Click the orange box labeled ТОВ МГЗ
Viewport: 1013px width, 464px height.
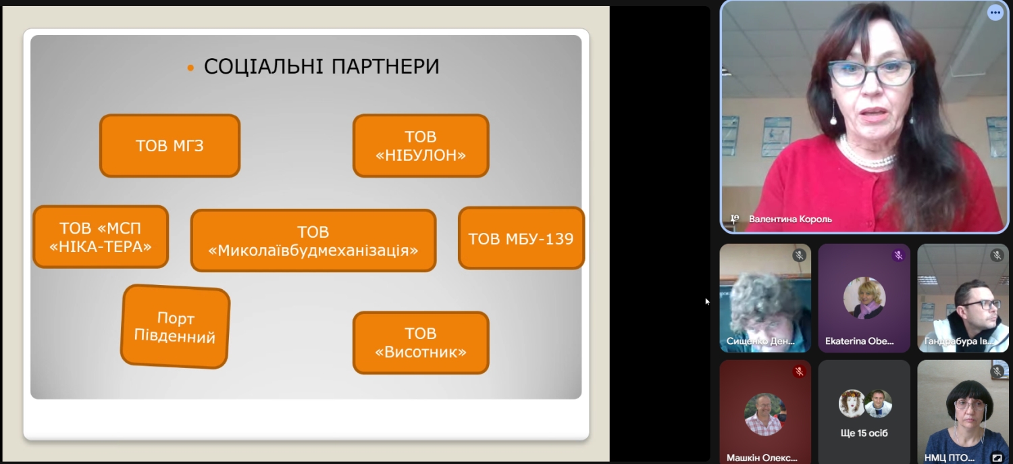[170, 146]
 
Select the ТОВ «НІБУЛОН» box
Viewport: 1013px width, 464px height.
[421, 146]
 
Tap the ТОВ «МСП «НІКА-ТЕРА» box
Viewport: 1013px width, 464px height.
[101, 236]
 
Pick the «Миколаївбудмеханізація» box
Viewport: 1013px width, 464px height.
[313, 240]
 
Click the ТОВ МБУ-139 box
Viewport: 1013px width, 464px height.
[521, 238]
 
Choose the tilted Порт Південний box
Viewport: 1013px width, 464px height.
[176, 326]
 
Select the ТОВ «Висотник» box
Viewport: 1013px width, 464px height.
[421, 343]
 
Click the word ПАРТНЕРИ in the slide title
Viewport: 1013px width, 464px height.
[386, 66]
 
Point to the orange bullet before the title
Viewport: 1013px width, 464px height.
[190, 68]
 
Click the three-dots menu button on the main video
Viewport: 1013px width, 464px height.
[995, 13]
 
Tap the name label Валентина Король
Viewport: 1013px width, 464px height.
[790, 220]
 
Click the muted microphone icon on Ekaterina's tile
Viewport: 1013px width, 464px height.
[898, 255]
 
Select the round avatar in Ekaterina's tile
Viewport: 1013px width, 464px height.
[864, 298]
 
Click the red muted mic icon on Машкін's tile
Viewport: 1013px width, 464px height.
[799, 371]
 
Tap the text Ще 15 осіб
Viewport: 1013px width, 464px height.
[864, 433]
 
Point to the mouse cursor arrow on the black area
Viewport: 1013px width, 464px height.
[707, 302]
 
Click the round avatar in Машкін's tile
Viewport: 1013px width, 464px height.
[765, 414]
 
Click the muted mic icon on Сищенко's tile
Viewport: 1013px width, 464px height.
[799, 255]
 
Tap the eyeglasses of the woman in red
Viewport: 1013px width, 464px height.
[871, 73]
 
